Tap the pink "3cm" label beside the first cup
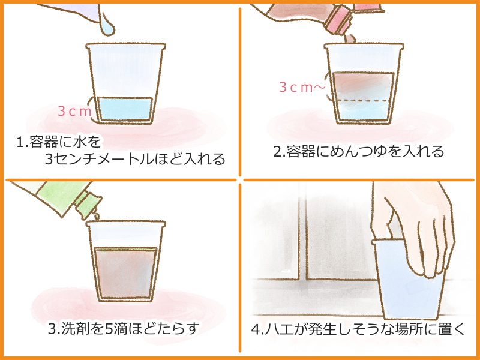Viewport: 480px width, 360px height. pos(74,112)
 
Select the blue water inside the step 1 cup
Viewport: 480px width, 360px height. pos(125,109)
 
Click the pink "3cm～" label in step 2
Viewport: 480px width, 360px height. pos(302,88)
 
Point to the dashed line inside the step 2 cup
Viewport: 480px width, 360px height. pos(363,100)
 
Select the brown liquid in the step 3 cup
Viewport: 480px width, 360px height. pos(125,273)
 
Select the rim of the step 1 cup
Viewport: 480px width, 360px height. pos(126,46)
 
